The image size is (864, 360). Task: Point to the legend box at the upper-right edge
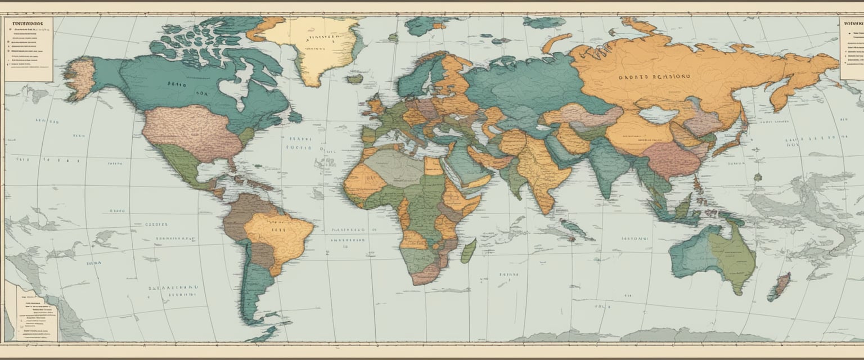[x=852, y=48]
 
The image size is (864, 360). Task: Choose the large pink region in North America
[x=191, y=132]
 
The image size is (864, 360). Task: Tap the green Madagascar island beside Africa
[x=469, y=251]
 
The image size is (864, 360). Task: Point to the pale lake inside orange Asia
[x=659, y=115]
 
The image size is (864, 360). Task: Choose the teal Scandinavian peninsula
[x=419, y=79]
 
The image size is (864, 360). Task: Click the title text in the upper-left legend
[x=25, y=25]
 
